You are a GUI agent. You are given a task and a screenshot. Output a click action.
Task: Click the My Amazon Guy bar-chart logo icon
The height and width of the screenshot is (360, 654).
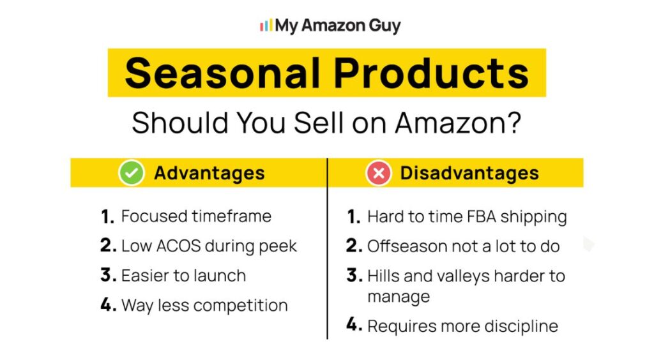(266, 26)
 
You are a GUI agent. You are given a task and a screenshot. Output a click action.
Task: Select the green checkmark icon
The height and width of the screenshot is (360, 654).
(131, 173)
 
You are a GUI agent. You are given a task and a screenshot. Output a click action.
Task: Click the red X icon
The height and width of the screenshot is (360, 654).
(378, 174)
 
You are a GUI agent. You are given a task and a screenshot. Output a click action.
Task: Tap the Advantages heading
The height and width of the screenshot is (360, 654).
(209, 173)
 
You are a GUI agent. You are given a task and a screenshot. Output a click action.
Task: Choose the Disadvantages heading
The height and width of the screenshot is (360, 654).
(469, 173)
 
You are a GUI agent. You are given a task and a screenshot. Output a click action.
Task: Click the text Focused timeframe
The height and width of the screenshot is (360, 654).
(196, 216)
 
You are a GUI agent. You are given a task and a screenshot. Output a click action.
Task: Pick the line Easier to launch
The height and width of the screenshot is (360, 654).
(183, 276)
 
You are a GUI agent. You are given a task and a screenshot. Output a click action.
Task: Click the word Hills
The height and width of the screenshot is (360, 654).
(383, 276)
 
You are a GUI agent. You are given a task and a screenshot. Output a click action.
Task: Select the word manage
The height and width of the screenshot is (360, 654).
(399, 296)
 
